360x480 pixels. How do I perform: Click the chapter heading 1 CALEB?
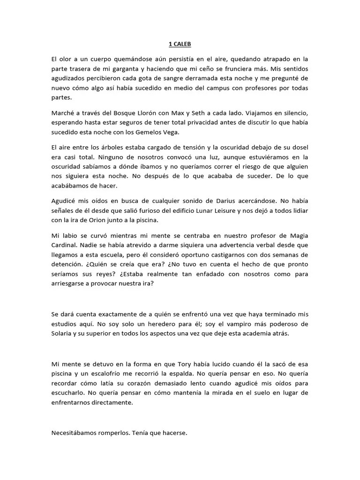(x=180, y=45)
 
